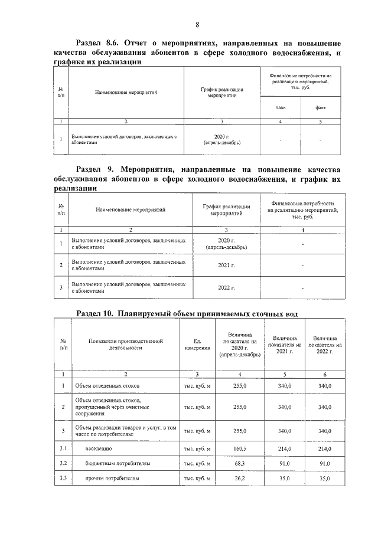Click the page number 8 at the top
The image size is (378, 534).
[x=197, y=24]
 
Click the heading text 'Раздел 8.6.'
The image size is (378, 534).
[x=98, y=43]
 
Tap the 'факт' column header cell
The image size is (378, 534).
[x=321, y=107]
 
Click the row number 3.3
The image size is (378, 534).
[x=63, y=479]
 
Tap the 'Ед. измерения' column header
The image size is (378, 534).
[x=198, y=344]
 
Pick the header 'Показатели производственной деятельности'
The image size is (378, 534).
[x=125, y=344]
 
